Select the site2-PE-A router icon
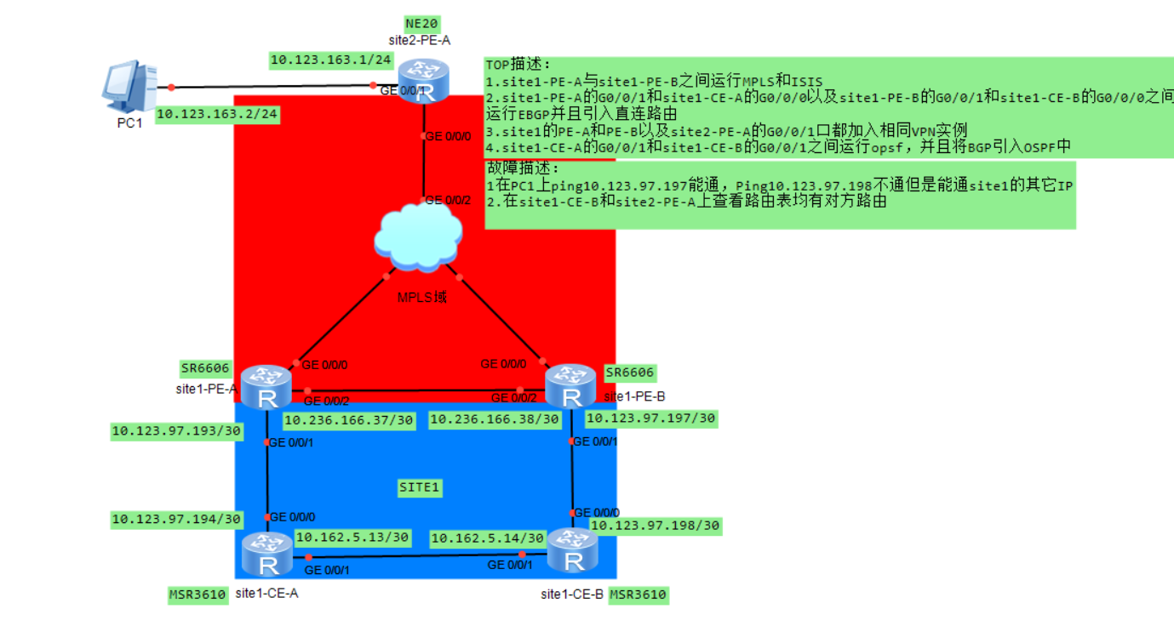click(x=422, y=81)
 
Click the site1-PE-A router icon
click(x=266, y=387)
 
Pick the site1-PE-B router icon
click(x=570, y=386)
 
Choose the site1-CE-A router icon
click(x=266, y=554)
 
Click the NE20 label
click(x=422, y=23)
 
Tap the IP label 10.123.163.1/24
click(x=331, y=60)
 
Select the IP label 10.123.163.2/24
click(x=217, y=114)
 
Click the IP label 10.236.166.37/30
click(x=350, y=419)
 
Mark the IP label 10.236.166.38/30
click(x=495, y=419)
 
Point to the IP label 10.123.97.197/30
click(x=650, y=418)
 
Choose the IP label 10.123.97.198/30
click(x=655, y=526)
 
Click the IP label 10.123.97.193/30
click(x=176, y=431)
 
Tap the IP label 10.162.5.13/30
click(x=352, y=538)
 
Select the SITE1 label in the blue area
click(x=419, y=487)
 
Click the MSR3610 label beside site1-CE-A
click(x=198, y=595)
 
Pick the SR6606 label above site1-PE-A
click(x=205, y=369)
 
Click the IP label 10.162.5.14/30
click(x=488, y=538)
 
